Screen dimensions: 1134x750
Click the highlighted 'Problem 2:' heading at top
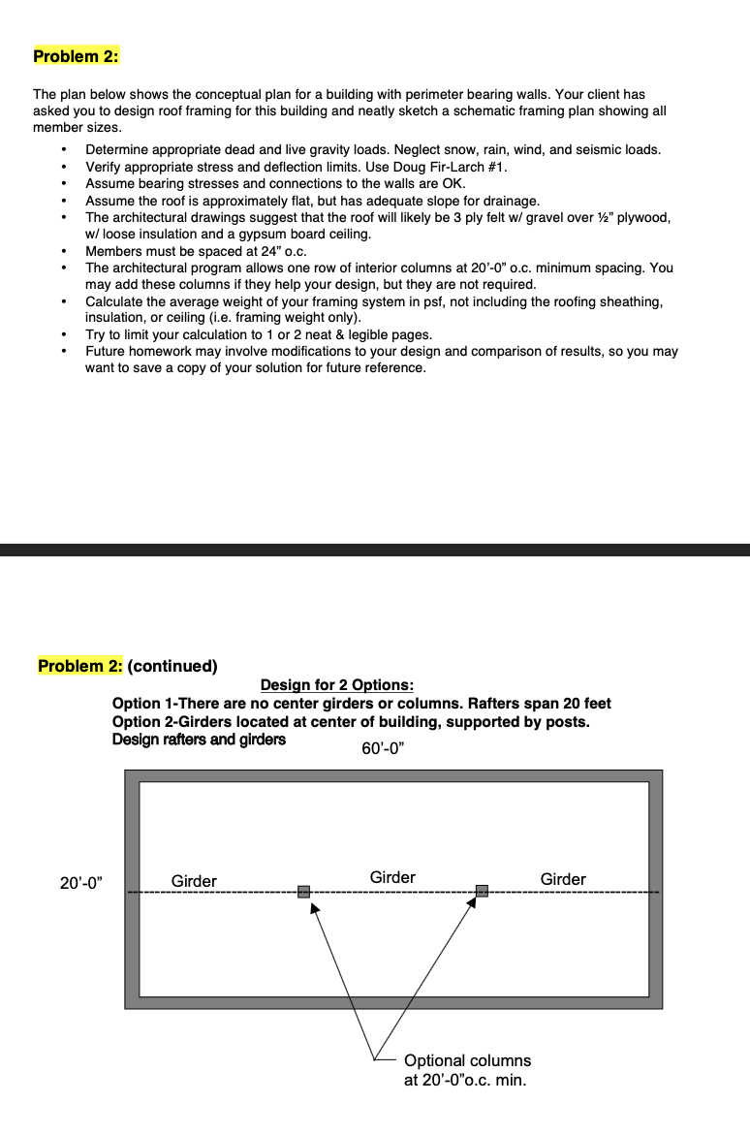tap(76, 56)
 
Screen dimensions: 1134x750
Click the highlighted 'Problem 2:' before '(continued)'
tap(81, 666)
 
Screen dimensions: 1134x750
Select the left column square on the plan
tap(304, 892)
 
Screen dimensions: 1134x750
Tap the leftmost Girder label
tap(194, 881)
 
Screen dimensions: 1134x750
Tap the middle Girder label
tap(392, 877)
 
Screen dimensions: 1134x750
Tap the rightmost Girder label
tap(563, 879)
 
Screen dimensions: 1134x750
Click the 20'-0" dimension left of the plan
tap(81, 883)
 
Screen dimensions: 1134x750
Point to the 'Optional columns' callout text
tap(467, 1060)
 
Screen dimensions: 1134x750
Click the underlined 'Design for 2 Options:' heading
tap(337, 685)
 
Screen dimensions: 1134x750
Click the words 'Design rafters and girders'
tap(199, 740)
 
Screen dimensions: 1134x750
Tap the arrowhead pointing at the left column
tap(314, 909)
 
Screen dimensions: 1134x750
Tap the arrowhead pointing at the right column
tap(472, 904)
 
